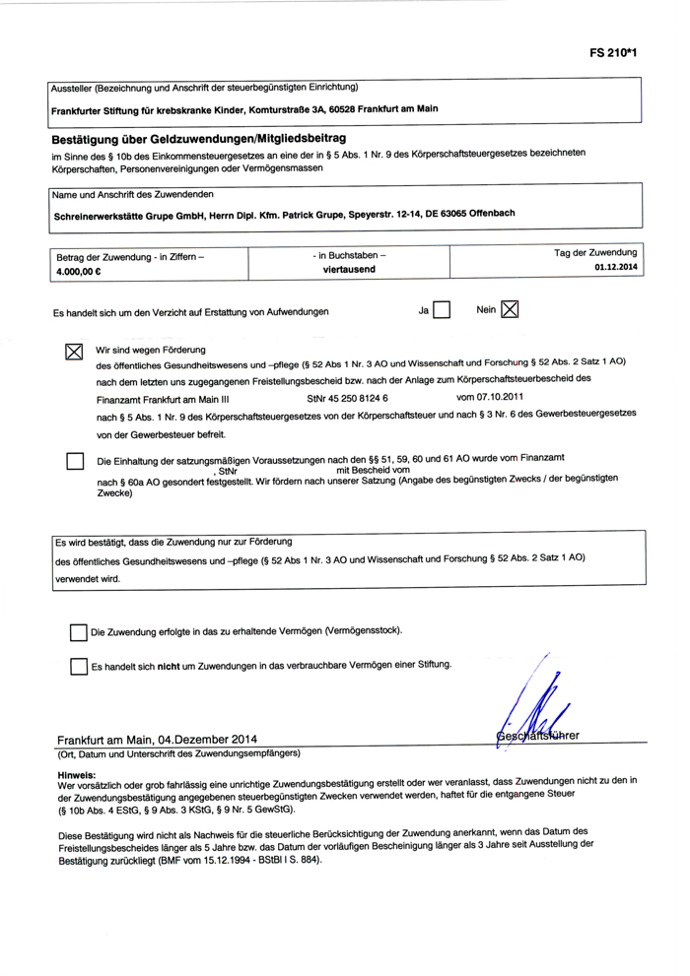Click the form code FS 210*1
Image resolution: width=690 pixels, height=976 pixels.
(x=615, y=50)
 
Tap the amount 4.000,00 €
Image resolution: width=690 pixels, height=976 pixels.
(x=82, y=270)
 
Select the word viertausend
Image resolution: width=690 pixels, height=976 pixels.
(x=349, y=268)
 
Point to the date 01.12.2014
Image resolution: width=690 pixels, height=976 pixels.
(x=615, y=267)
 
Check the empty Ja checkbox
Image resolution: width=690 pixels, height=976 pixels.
(x=442, y=310)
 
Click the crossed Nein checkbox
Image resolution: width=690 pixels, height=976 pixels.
(x=510, y=310)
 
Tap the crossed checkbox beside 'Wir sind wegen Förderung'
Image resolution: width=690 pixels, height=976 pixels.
(x=74, y=353)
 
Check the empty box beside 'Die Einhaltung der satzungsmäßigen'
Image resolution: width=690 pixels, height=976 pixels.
(x=74, y=461)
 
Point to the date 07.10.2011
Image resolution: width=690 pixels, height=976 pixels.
(x=486, y=398)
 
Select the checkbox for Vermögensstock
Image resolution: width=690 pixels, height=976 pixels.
(x=79, y=632)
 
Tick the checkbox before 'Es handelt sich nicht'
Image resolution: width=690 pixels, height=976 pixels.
(x=79, y=667)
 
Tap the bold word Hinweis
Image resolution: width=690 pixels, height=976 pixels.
(x=77, y=775)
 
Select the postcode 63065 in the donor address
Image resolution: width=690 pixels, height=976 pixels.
(x=448, y=213)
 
